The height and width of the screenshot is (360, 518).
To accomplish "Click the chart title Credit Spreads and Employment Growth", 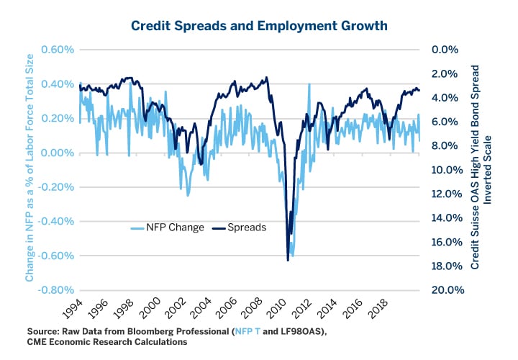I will click(259, 26).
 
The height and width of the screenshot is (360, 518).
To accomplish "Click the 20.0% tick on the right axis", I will click(442, 289).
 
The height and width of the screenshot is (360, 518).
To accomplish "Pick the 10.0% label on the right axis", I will click(442, 170).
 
